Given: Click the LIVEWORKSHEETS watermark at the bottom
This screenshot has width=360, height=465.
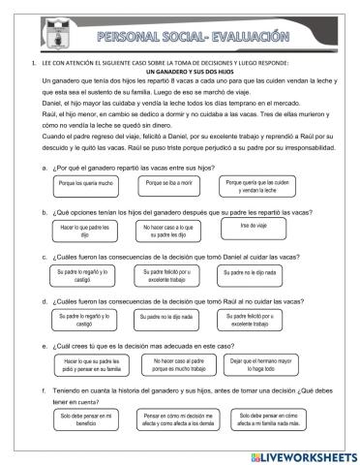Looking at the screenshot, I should (x=300, y=454).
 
